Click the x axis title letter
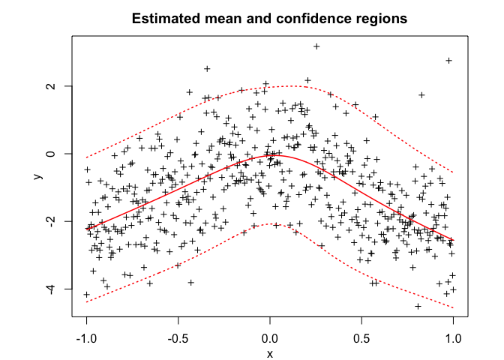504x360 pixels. (270, 353)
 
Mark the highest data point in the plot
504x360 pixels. (316, 46)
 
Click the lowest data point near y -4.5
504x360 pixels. (418, 306)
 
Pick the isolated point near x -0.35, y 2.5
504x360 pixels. (207, 69)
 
